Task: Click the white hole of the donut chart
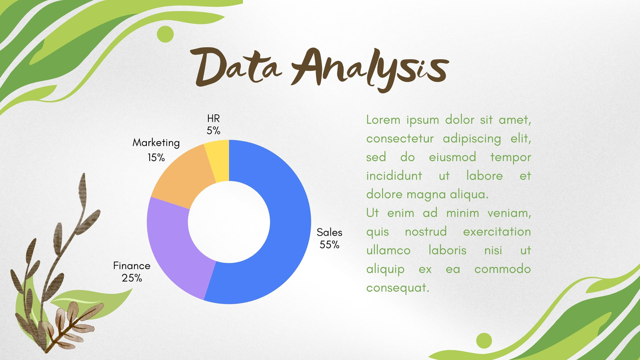229,222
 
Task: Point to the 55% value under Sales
330,245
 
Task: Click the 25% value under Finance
132,278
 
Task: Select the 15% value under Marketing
156,158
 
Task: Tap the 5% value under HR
214,130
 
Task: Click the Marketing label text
156,143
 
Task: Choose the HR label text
214,118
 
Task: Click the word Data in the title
236,68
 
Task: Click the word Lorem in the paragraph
383,120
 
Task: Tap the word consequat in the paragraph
398,288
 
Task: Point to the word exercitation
497,232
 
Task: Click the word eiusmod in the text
452,157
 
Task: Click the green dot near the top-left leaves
165,34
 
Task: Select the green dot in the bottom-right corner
484,340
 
